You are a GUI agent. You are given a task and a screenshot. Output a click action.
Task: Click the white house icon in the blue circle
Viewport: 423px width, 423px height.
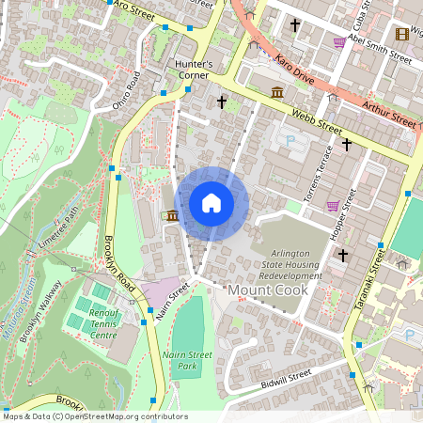pyautogui.click(x=211, y=203)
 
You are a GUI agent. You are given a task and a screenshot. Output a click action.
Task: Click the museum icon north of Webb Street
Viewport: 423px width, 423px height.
pyautogui.click(x=278, y=92)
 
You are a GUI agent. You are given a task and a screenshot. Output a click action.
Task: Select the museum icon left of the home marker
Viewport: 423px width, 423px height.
pyautogui.click(x=170, y=216)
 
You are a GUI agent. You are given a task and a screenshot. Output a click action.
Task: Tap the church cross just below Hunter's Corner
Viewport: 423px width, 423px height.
pyautogui.click(x=223, y=102)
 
